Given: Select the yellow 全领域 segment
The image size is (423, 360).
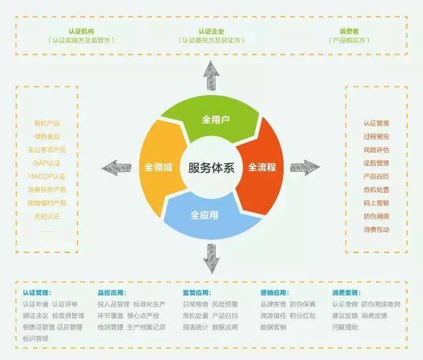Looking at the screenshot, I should [159, 166].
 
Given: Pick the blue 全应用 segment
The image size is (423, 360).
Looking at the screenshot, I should [205, 215].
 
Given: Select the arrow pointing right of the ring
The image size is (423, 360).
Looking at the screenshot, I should [305, 166].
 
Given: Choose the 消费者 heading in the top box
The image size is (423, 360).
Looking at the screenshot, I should [348, 31].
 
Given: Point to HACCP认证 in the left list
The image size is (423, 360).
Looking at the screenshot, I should [47, 176].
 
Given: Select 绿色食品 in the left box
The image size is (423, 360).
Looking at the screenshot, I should [47, 137].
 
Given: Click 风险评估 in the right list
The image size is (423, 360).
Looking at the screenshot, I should [376, 150].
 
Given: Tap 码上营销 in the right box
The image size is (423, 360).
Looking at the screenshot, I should [376, 203].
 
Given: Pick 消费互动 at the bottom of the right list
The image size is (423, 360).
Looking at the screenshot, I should [376, 229].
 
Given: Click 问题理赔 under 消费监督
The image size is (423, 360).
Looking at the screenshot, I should [344, 327].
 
